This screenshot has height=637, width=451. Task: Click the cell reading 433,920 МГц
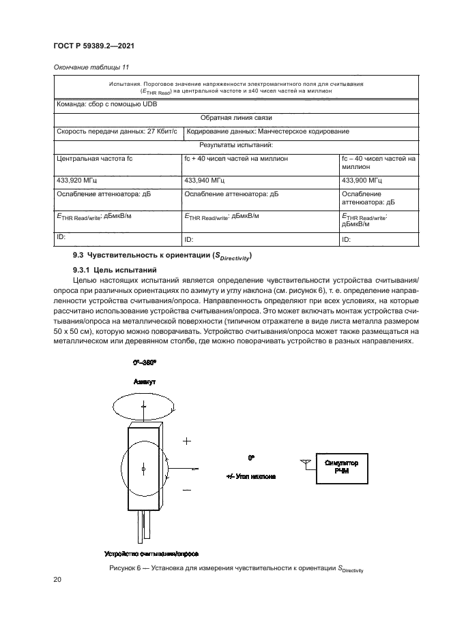click(x=76, y=181)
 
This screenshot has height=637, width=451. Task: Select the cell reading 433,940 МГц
click(x=205, y=181)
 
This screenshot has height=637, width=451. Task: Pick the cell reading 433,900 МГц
click(x=362, y=181)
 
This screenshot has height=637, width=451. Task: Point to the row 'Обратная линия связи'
click(x=236, y=118)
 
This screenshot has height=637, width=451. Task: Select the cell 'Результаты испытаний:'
click(x=236, y=145)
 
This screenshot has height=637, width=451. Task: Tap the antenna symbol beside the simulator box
click(x=304, y=464)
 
